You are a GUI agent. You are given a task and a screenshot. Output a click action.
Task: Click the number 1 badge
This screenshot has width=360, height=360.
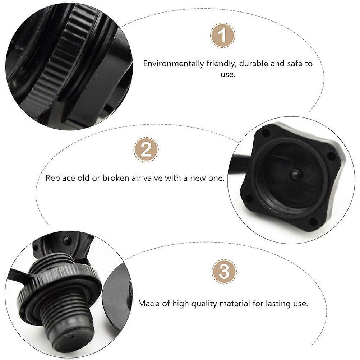222,35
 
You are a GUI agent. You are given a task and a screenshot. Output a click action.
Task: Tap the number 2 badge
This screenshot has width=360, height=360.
146,150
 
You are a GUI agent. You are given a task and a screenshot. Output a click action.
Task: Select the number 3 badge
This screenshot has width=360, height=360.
224,272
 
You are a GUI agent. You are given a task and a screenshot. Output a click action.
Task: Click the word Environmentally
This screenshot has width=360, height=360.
173,64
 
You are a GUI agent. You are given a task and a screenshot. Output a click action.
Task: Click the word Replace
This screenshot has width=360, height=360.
60,179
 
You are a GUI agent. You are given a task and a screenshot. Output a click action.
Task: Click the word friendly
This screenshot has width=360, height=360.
221,64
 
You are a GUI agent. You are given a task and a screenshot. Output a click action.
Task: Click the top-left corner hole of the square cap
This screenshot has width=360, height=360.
266,133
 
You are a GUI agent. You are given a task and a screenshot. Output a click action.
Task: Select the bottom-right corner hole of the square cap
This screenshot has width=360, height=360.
313,222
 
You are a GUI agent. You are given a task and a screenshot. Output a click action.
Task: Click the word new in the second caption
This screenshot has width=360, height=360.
199,179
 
